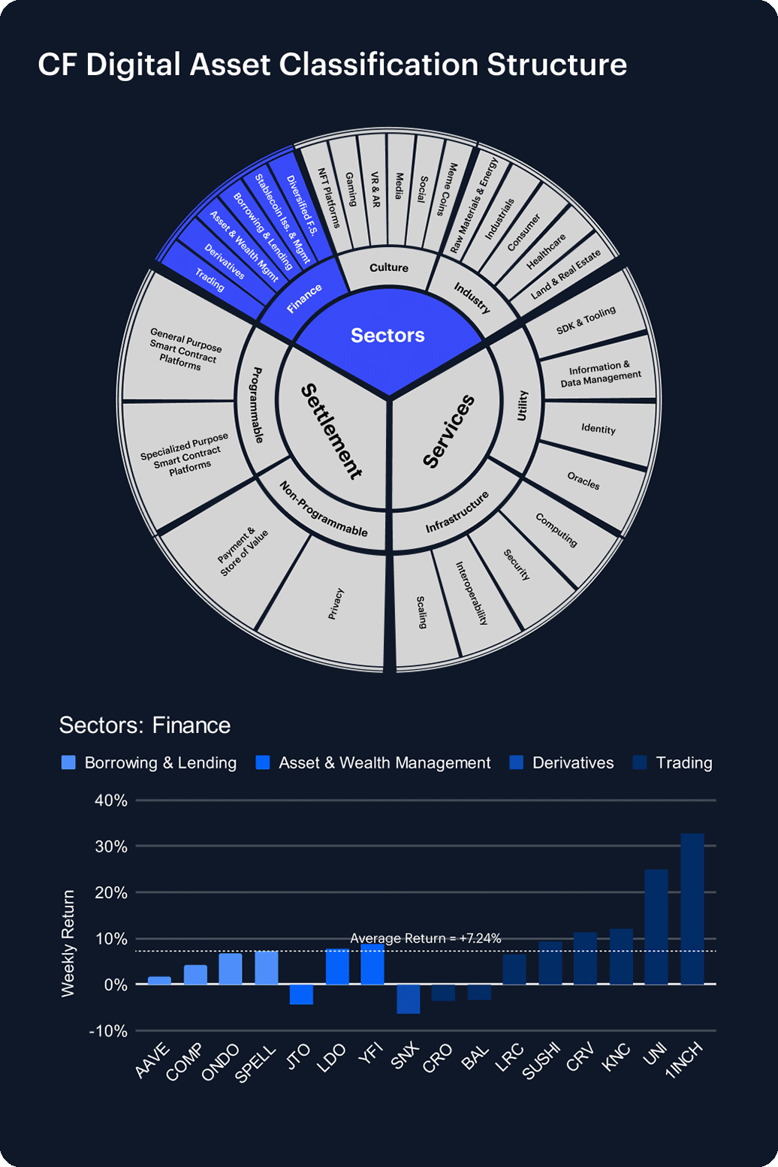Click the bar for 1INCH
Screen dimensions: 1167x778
[692, 909]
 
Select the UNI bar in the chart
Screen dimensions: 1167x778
[656, 927]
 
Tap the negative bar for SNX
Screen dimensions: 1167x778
[408, 999]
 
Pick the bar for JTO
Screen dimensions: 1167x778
[301, 994]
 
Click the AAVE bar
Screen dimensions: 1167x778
[159, 981]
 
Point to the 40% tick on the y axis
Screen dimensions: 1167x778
[111, 801]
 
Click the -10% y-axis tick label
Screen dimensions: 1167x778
[108, 1031]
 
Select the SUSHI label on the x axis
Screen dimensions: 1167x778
[542, 1063]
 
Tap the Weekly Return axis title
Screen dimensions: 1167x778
[68, 943]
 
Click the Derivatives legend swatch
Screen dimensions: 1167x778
[516, 763]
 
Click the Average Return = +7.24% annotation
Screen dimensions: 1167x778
[425, 938]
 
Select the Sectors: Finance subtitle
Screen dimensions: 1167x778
[145, 725]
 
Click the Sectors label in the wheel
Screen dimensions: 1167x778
[387, 335]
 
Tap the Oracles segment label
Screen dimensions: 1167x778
[583, 481]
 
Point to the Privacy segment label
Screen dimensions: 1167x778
[336, 604]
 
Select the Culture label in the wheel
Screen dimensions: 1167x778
[389, 267]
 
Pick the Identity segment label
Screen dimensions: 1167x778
[598, 429]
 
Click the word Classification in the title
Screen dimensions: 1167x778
[378, 65]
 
